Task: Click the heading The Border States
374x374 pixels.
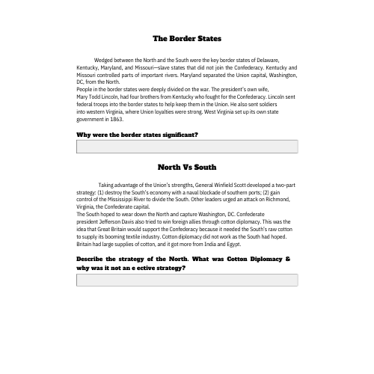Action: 187,38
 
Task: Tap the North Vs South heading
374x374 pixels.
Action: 187,167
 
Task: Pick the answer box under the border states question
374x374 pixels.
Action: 187,147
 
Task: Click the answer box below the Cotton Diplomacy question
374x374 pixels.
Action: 187,280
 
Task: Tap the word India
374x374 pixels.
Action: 203,244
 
